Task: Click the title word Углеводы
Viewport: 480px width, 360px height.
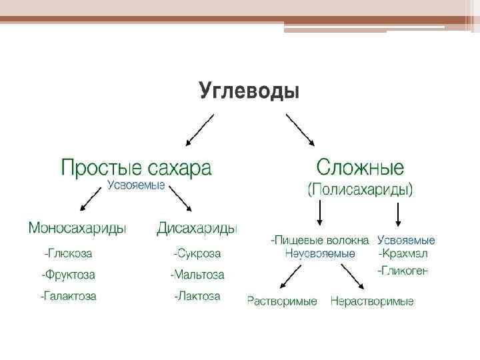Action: [x=249, y=90]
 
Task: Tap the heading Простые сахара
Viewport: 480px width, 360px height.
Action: [x=136, y=167]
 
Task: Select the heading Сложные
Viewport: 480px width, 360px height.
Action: [x=360, y=167]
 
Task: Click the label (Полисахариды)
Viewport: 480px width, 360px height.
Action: [x=360, y=189]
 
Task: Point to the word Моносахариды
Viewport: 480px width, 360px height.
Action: [x=77, y=229]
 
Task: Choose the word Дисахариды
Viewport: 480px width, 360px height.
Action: [x=197, y=229]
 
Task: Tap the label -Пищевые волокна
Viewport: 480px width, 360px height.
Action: [x=320, y=240]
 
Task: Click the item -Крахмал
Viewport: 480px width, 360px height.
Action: [x=403, y=253]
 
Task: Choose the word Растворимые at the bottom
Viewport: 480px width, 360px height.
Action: [x=282, y=301]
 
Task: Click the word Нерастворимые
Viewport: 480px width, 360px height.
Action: [x=372, y=301]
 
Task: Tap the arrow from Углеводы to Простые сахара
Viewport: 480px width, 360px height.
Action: [x=200, y=129]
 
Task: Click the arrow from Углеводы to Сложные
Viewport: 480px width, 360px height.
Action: [x=301, y=129]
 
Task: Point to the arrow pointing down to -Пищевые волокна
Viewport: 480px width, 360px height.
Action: [x=321, y=213]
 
